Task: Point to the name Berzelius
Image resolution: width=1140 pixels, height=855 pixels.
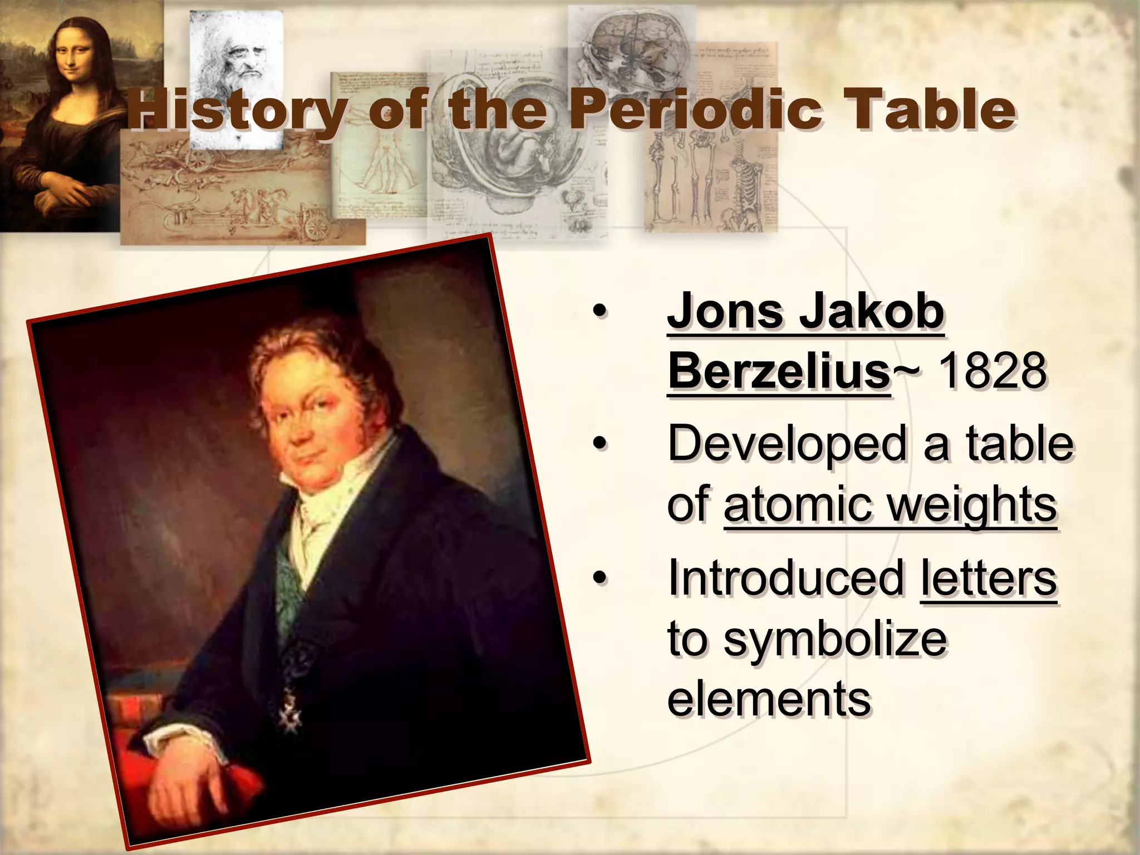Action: pos(779,371)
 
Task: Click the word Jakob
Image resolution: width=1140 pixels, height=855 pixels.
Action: pos(872,312)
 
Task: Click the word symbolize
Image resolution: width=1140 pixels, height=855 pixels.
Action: pos(835,638)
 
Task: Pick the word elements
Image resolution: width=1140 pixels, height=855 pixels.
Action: pos(769,699)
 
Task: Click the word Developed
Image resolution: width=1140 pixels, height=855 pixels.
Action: pos(788,444)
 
